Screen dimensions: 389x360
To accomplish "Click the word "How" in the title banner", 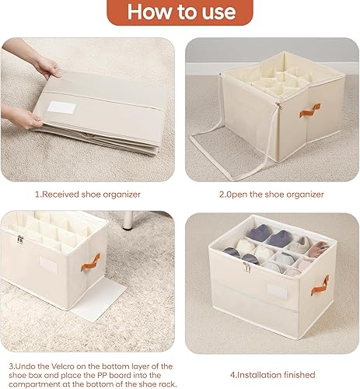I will (x=145, y=12).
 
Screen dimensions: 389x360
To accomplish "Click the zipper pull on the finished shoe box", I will (x=246, y=268).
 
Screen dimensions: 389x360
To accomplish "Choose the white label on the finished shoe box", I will (x=278, y=289).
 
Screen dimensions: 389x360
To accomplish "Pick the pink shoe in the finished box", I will (x=317, y=248).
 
